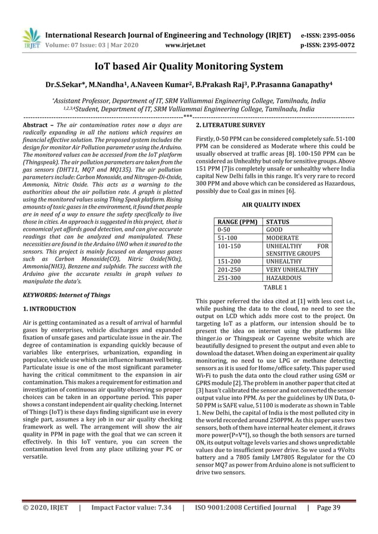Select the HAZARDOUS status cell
[x=284, y=277]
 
